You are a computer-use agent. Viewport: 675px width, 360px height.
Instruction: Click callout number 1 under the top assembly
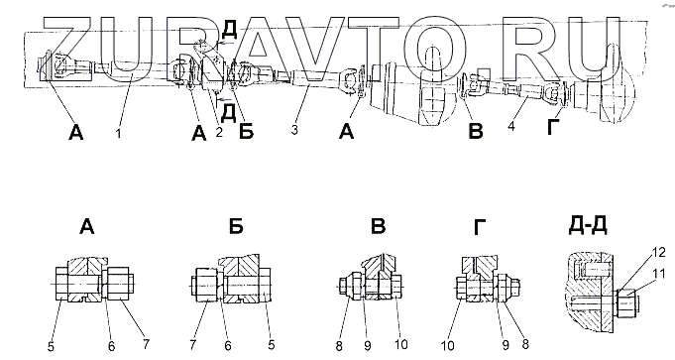(x=118, y=133)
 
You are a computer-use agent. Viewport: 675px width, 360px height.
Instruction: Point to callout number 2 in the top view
(x=219, y=132)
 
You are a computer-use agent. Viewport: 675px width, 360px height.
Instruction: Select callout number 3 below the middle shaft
(x=294, y=129)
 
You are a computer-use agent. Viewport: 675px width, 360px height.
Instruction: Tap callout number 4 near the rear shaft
(x=511, y=127)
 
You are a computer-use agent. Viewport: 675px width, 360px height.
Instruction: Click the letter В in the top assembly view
(x=476, y=131)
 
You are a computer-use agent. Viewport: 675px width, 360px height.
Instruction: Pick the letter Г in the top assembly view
(x=553, y=128)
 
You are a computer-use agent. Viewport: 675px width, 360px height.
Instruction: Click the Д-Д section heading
(x=588, y=225)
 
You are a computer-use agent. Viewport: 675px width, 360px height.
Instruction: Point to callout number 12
(x=659, y=253)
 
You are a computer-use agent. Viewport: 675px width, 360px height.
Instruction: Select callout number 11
(x=658, y=273)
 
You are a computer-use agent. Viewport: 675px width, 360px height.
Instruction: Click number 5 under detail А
(x=51, y=347)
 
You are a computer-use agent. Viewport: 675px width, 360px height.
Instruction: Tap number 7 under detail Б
(x=193, y=344)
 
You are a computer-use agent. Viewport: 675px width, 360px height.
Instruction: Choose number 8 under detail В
(x=339, y=346)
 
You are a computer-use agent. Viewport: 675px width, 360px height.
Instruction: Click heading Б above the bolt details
(x=236, y=226)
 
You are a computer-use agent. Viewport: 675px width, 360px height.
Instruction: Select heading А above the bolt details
(x=86, y=226)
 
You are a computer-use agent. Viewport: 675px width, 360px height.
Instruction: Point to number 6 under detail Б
(x=228, y=345)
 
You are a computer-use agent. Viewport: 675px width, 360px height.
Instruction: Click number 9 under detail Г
(x=506, y=345)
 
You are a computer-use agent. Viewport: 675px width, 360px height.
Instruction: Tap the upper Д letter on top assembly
(x=229, y=31)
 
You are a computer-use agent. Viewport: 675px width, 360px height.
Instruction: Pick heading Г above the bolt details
(x=480, y=227)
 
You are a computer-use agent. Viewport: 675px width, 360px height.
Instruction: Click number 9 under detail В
(x=367, y=346)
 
